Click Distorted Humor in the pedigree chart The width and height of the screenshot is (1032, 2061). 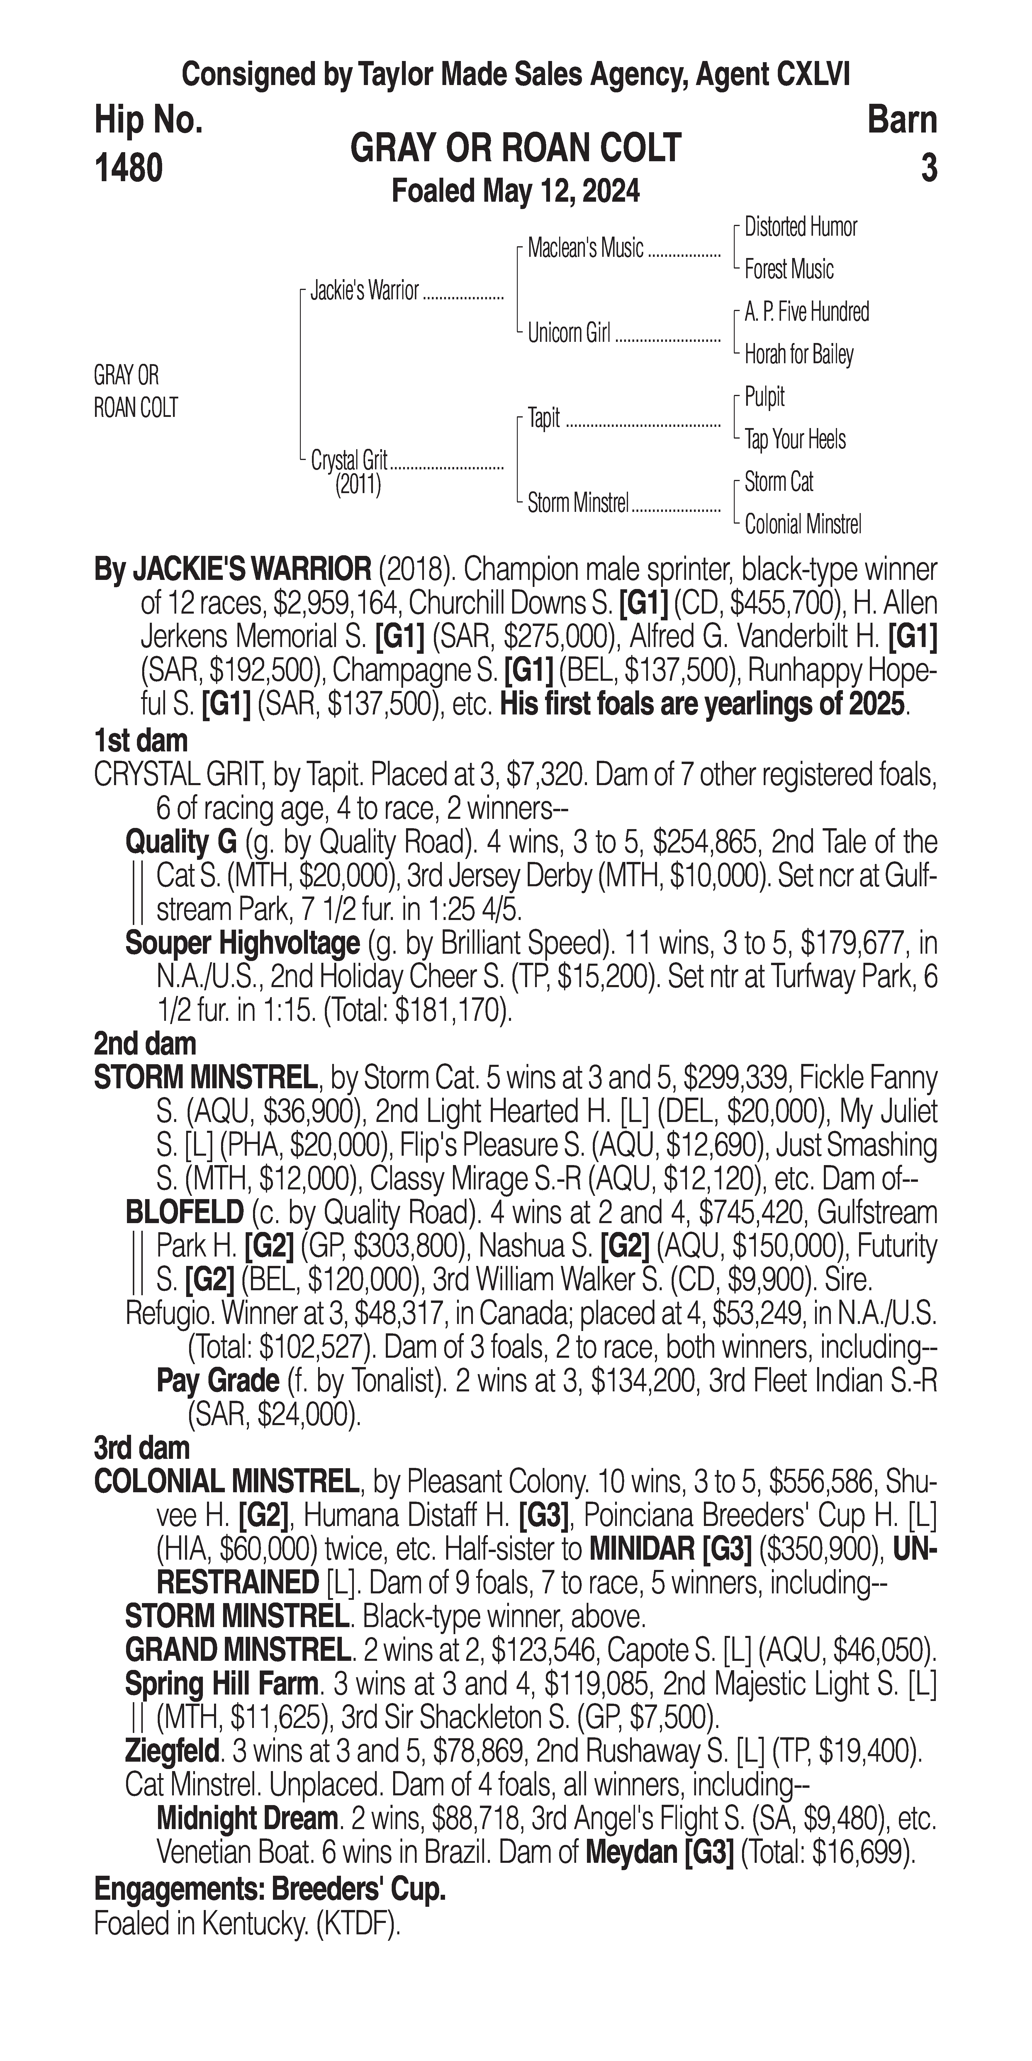[800, 227]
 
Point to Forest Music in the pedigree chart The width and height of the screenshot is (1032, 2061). [789, 270]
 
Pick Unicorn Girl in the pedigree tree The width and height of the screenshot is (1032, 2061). [569, 333]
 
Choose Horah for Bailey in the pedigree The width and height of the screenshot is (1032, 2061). [798, 354]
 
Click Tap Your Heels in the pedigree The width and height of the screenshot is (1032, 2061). [795, 439]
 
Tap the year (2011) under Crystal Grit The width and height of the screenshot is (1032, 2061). [358, 485]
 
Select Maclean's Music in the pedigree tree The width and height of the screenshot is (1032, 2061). [585, 249]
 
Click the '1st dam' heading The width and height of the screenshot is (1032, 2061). [141, 740]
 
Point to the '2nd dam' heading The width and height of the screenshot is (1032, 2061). [145, 1043]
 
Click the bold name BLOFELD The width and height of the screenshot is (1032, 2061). [184, 1212]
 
